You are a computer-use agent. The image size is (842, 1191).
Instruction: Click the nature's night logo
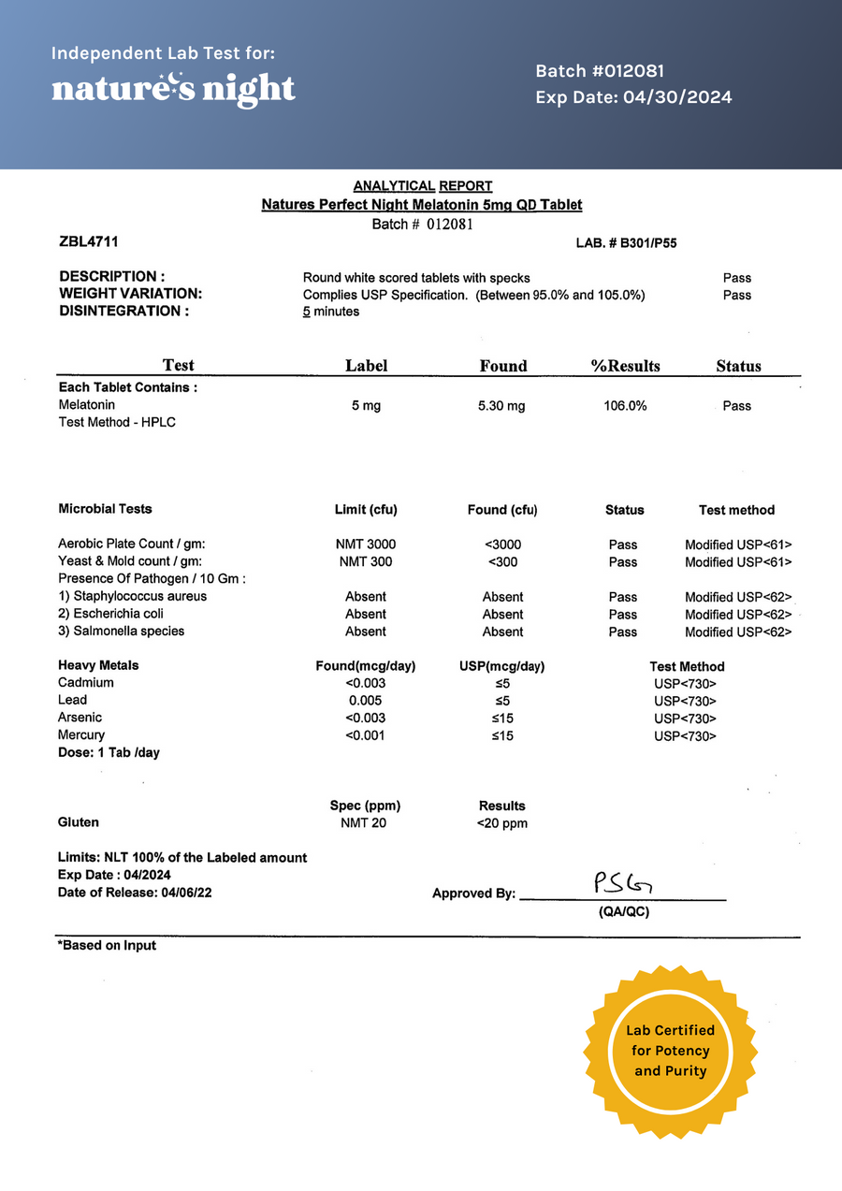(173, 89)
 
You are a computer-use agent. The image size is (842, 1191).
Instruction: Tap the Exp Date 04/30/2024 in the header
(633, 97)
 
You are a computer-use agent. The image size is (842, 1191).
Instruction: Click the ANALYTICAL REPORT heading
(423, 186)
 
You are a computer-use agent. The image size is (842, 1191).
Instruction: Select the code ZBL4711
(88, 242)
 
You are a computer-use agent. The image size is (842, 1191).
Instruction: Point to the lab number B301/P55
(627, 243)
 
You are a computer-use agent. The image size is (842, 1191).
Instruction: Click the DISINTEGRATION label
(123, 312)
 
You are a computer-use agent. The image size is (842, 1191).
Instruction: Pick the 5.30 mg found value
(502, 406)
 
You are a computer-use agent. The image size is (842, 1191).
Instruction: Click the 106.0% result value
(625, 406)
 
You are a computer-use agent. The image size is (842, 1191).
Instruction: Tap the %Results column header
(625, 366)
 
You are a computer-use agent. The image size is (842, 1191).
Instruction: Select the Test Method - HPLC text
(117, 422)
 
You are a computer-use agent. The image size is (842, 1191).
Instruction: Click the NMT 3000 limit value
(365, 545)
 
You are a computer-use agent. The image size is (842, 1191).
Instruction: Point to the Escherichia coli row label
(132, 614)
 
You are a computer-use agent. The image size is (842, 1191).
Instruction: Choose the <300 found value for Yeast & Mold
(502, 562)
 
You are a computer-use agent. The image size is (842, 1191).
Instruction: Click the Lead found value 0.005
(365, 701)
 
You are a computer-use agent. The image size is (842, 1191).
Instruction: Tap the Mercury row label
(81, 735)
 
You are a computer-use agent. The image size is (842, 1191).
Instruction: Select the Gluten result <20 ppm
(502, 823)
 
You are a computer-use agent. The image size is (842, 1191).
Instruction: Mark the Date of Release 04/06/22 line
(135, 893)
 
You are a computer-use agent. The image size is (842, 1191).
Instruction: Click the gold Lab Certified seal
(671, 1051)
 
